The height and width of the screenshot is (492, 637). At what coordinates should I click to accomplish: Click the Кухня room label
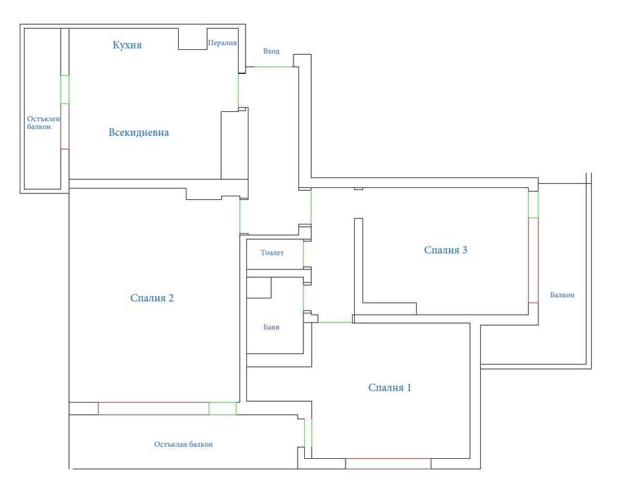pyautogui.click(x=127, y=45)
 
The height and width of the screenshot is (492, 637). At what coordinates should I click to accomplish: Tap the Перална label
pyautogui.click(x=222, y=43)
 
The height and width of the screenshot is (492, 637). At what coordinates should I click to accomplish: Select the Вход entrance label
pyautogui.click(x=271, y=51)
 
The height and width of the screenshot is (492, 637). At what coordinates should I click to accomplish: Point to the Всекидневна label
pyautogui.click(x=139, y=132)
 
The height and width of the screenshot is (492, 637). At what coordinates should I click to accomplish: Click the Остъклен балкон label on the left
pyautogui.click(x=44, y=122)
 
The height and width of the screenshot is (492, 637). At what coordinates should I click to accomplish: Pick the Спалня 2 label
pyautogui.click(x=152, y=298)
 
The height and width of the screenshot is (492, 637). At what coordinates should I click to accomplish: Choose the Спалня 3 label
pyautogui.click(x=446, y=250)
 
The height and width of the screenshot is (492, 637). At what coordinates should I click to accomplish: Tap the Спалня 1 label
pyautogui.click(x=390, y=388)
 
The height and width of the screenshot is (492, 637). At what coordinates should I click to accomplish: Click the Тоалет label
pyautogui.click(x=272, y=253)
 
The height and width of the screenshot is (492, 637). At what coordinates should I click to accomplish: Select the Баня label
pyautogui.click(x=272, y=327)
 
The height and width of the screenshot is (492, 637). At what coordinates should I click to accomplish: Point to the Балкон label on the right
pyautogui.click(x=562, y=295)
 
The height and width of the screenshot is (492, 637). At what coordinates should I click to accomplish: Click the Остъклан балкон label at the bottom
pyautogui.click(x=183, y=444)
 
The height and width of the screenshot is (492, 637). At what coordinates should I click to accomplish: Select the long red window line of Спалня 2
pyautogui.click(x=153, y=403)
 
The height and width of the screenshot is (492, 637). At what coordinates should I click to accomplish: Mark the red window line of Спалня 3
pyautogui.click(x=529, y=260)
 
